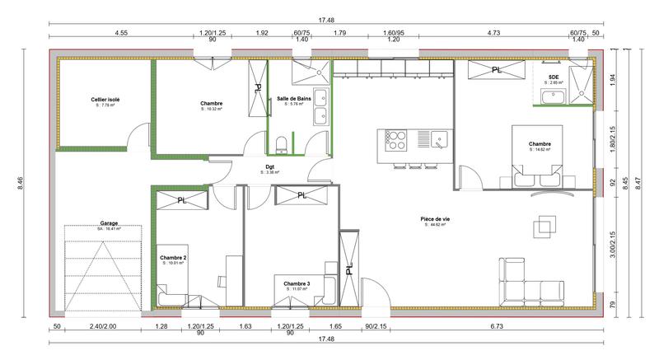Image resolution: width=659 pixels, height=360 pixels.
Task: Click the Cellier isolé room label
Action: point(105,100)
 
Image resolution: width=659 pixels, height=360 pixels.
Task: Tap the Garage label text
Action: point(109,222)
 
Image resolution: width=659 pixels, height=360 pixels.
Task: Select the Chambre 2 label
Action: point(173,258)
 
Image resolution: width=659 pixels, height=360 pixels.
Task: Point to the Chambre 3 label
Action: point(297,283)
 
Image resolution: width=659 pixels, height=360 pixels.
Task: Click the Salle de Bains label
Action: point(294,99)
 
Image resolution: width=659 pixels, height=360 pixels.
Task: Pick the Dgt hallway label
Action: point(269,167)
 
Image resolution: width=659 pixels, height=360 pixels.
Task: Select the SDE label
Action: point(553,77)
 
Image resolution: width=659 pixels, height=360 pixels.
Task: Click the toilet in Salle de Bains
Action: point(282,145)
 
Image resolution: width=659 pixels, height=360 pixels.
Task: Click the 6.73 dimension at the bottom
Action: point(496,327)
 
